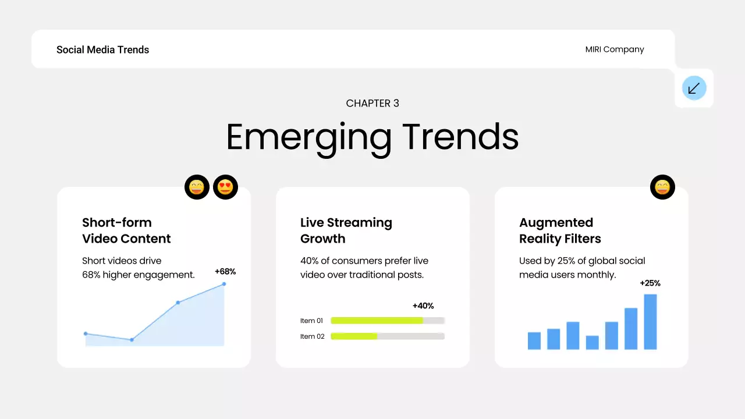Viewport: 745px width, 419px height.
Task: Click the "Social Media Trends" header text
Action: coord(102,50)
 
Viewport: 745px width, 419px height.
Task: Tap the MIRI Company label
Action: coord(615,49)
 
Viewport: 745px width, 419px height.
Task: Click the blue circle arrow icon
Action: coord(694,88)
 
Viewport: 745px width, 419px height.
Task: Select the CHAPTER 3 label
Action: coord(372,104)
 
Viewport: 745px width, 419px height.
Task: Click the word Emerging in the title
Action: coord(308,137)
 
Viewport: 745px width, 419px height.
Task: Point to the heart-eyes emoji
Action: coord(225,187)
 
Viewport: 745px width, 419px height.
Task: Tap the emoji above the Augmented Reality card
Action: coord(662,187)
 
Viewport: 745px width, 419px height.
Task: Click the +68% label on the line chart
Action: coord(225,272)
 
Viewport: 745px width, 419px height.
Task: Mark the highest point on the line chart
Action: coord(224,284)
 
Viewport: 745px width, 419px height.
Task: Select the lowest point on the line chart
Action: coord(132,340)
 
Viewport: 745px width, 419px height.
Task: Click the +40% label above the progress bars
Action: coord(423,306)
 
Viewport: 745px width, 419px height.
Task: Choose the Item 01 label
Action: coord(312,321)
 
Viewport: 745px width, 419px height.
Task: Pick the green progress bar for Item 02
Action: coord(354,336)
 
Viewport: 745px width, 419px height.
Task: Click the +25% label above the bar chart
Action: coord(650,283)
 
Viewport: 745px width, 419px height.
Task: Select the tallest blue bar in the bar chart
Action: coord(650,322)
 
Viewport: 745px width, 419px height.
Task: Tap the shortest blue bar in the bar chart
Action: coord(592,343)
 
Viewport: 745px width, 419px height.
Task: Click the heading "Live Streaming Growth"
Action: coord(346,230)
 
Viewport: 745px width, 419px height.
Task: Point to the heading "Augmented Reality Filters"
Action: coord(560,230)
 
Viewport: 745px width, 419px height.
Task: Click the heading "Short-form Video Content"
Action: coord(126,230)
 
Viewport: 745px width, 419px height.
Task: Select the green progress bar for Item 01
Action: coord(377,321)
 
